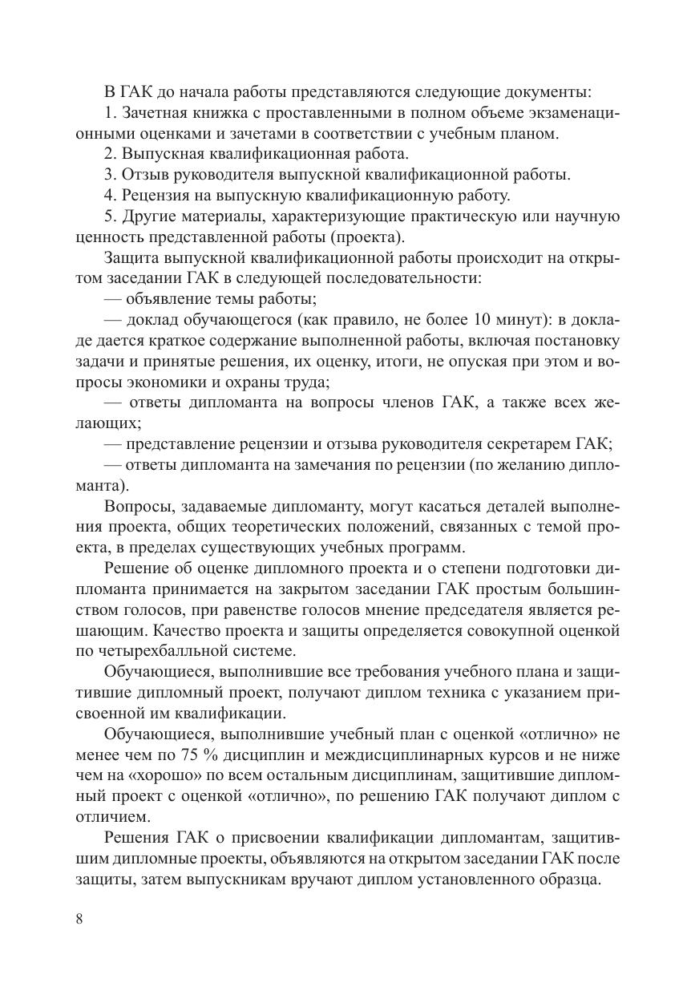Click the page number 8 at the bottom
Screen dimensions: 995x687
point(79,919)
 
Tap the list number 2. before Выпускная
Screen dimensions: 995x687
point(110,153)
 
